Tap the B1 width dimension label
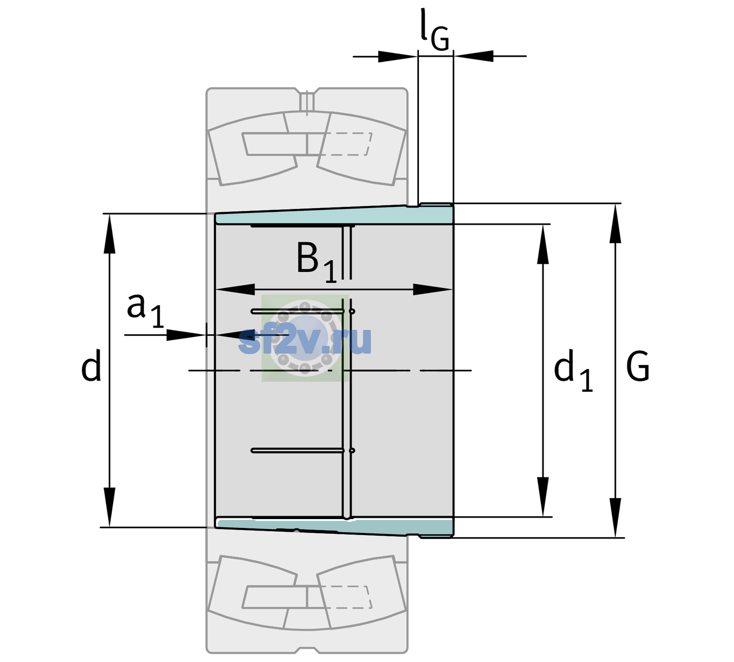[316, 262]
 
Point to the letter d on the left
[91, 365]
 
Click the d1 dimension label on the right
[573, 370]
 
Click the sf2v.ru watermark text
[305, 340]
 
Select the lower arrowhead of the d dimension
[109, 508]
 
